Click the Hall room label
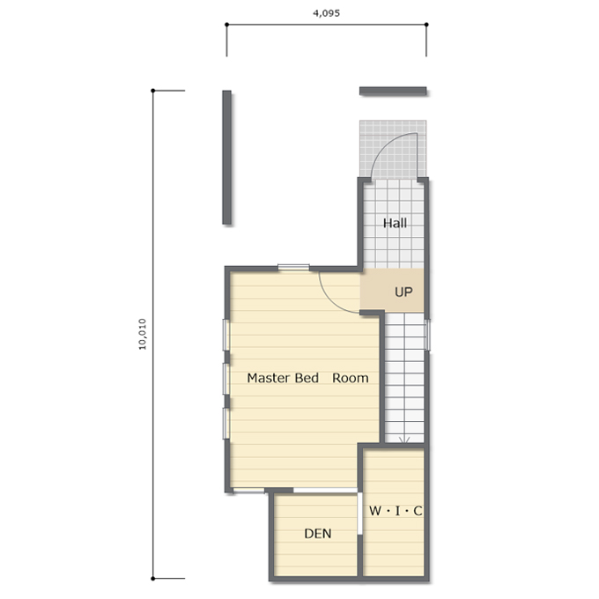[395, 223]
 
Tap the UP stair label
[403, 292]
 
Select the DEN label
[318, 534]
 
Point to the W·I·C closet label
[396, 511]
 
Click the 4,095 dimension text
[326, 13]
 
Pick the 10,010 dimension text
[142, 334]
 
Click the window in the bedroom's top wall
[293, 268]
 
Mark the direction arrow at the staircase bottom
[404, 440]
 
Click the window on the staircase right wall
[427, 335]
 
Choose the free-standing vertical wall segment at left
[227, 158]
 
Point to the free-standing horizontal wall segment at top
[393, 91]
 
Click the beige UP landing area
[392, 291]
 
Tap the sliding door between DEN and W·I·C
[359, 514]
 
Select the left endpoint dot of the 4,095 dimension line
[227, 25]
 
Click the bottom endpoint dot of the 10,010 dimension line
[153, 579]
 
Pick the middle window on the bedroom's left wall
[226, 379]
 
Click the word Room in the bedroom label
[351, 378]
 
